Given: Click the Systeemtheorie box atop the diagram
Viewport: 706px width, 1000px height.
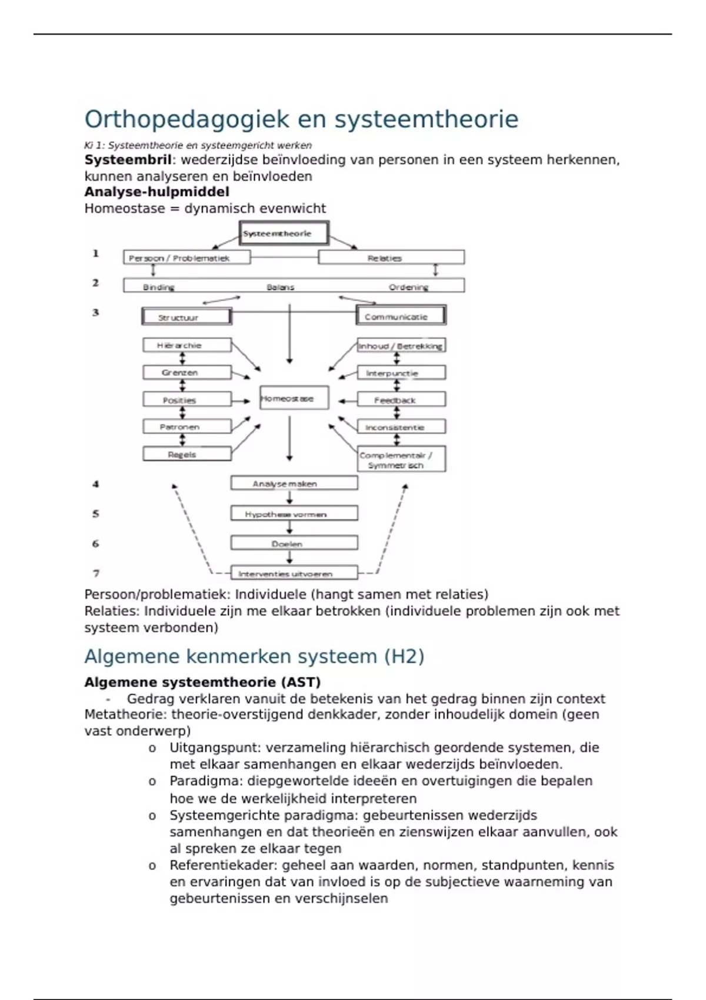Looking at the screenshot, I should tap(284, 233).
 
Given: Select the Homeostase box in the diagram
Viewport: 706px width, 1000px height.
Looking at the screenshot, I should tap(294, 398).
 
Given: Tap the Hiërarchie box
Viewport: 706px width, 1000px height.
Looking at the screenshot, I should tap(187, 345).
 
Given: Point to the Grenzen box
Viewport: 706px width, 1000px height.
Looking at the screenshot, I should tap(187, 372).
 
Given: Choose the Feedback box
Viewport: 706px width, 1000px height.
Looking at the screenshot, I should tap(401, 400).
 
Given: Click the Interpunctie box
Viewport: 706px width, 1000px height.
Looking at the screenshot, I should tap(401, 373).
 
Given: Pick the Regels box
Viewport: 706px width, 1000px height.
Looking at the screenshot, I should tap(187, 454).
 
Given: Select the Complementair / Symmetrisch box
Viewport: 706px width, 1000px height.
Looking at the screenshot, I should tap(401, 459).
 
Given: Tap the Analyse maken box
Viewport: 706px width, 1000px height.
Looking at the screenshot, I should tap(294, 484).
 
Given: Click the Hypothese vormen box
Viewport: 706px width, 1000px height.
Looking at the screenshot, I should tap(294, 514).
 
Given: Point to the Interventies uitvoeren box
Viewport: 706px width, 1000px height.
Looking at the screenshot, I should tap(294, 573).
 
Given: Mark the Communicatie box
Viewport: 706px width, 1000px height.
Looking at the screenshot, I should tap(401, 316).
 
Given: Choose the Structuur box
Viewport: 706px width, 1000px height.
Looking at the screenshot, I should tap(187, 317).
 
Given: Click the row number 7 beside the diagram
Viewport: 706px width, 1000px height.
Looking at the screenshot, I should tap(96, 573).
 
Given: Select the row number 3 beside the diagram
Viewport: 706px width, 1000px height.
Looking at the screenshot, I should tap(95, 312).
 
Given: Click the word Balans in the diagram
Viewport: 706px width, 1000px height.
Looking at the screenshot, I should tap(280, 287).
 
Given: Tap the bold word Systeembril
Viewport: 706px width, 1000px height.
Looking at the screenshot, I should tap(128, 160).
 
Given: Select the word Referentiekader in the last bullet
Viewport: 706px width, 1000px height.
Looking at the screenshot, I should tap(223, 865).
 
